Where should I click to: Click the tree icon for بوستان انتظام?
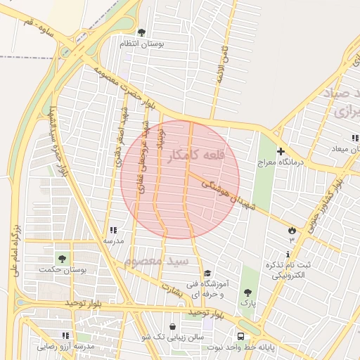(x=142, y=32)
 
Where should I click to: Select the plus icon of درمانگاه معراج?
(x=281, y=151)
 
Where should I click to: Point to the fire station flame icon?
(x=291, y=230)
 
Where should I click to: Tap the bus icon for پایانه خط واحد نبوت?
(x=241, y=336)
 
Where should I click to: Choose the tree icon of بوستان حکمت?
(x=63, y=258)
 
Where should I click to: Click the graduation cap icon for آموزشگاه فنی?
(x=207, y=274)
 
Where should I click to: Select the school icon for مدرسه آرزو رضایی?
(x=65, y=336)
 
